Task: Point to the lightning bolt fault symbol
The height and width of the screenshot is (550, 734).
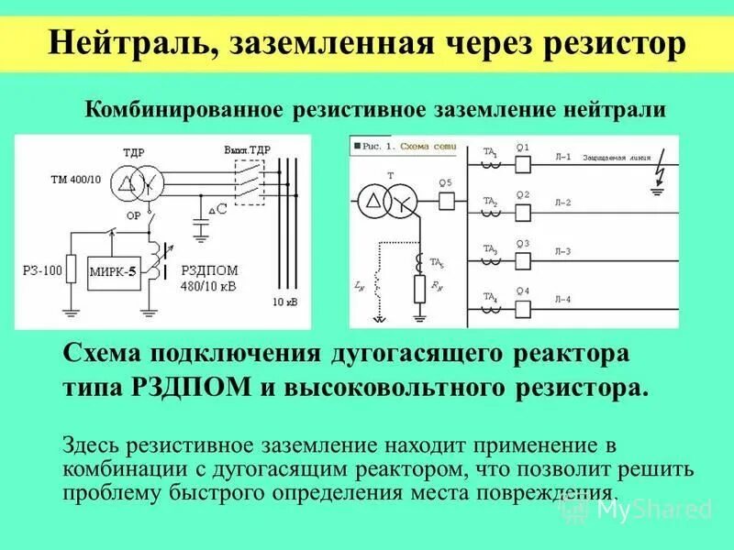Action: click(x=653, y=175)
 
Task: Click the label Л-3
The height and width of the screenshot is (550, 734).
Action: click(x=562, y=251)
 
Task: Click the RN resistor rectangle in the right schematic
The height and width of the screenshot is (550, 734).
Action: click(x=420, y=290)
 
